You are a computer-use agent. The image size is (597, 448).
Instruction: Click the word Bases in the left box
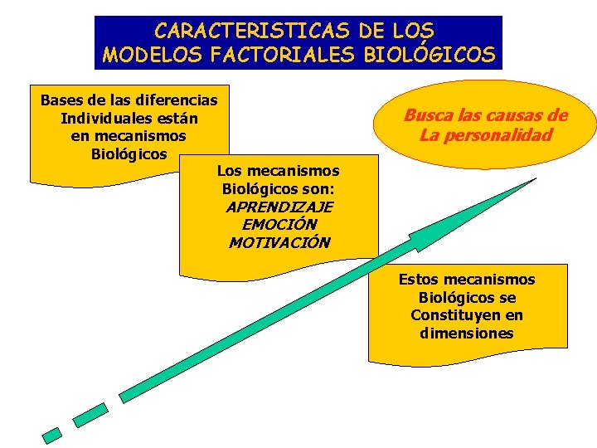coord(61,100)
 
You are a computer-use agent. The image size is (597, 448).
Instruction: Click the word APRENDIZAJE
coord(279,207)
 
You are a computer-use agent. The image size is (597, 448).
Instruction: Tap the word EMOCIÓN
coord(279,225)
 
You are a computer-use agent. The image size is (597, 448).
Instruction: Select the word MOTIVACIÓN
coord(279,243)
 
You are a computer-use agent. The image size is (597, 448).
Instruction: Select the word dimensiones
coord(467,334)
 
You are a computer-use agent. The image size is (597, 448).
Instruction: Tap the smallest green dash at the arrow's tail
coord(52,434)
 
